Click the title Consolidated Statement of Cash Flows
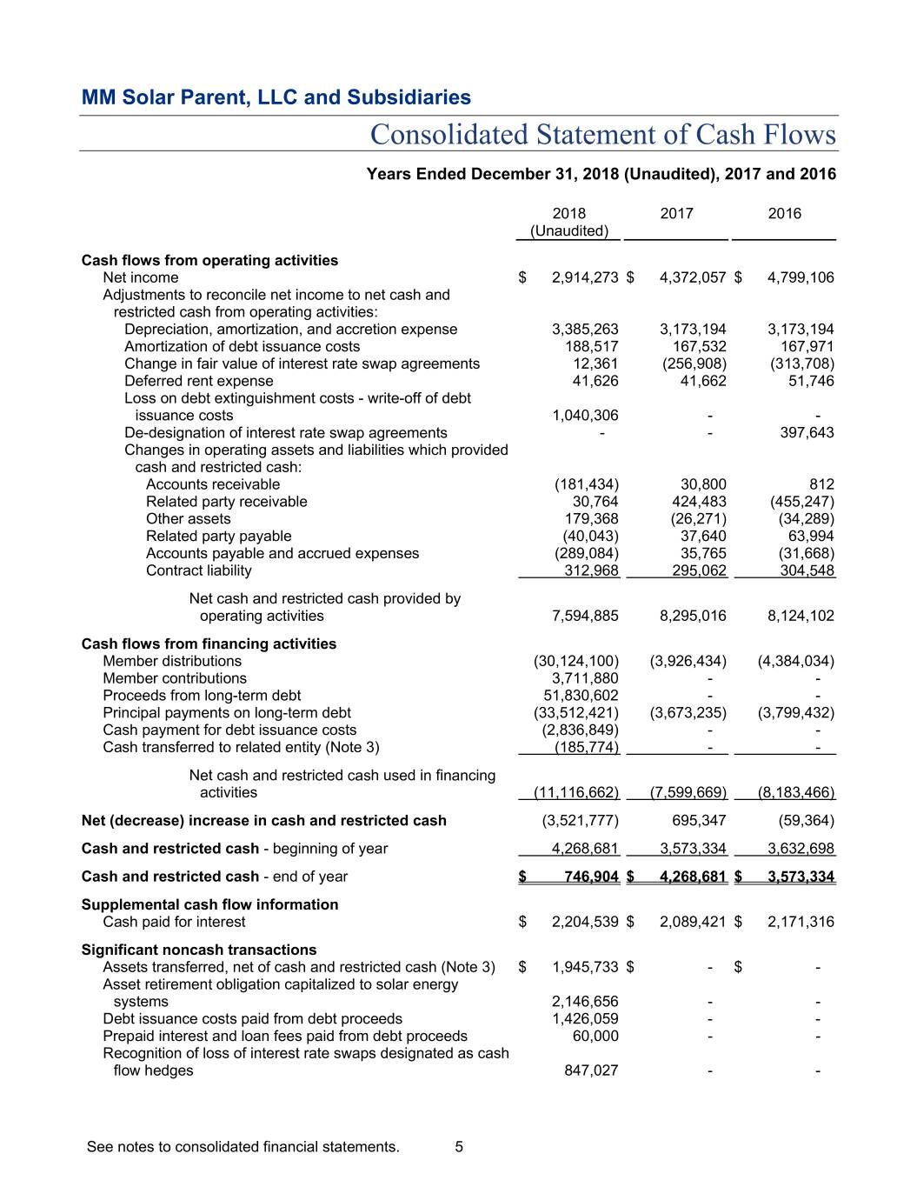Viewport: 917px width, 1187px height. pyautogui.click(x=602, y=135)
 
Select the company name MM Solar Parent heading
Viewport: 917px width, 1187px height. pyautogui.click(x=276, y=97)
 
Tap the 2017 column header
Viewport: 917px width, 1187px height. pyautogui.click(x=676, y=214)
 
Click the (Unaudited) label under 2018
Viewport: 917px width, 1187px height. pyautogui.click(x=569, y=231)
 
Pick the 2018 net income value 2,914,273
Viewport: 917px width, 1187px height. pyautogui.click(x=585, y=278)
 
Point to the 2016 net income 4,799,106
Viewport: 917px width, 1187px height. pyautogui.click(x=801, y=278)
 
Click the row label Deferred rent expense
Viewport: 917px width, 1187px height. pyautogui.click(x=198, y=382)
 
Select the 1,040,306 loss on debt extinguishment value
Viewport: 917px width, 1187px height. pyautogui.click(x=585, y=416)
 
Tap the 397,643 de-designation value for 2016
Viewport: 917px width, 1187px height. pyautogui.click(x=807, y=433)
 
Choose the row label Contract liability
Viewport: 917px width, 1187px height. pyautogui.click(x=198, y=571)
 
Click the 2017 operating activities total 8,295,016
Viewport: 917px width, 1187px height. pyautogui.click(x=693, y=617)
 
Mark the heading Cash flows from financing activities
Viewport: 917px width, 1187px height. pyautogui.click(x=209, y=644)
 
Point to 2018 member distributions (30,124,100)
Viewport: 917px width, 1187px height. pyautogui.click(x=576, y=662)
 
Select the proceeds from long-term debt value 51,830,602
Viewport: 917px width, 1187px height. pyautogui.click(x=581, y=696)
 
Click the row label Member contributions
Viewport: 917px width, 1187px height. pyautogui.click(x=174, y=679)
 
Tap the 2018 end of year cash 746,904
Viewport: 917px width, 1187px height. pyautogui.click(x=591, y=877)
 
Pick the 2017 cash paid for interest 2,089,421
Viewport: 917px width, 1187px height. pyautogui.click(x=693, y=923)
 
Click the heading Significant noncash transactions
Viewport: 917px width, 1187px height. pyautogui.click(x=198, y=950)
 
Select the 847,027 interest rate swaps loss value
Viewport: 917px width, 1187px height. pyautogui.click(x=591, y=1071)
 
